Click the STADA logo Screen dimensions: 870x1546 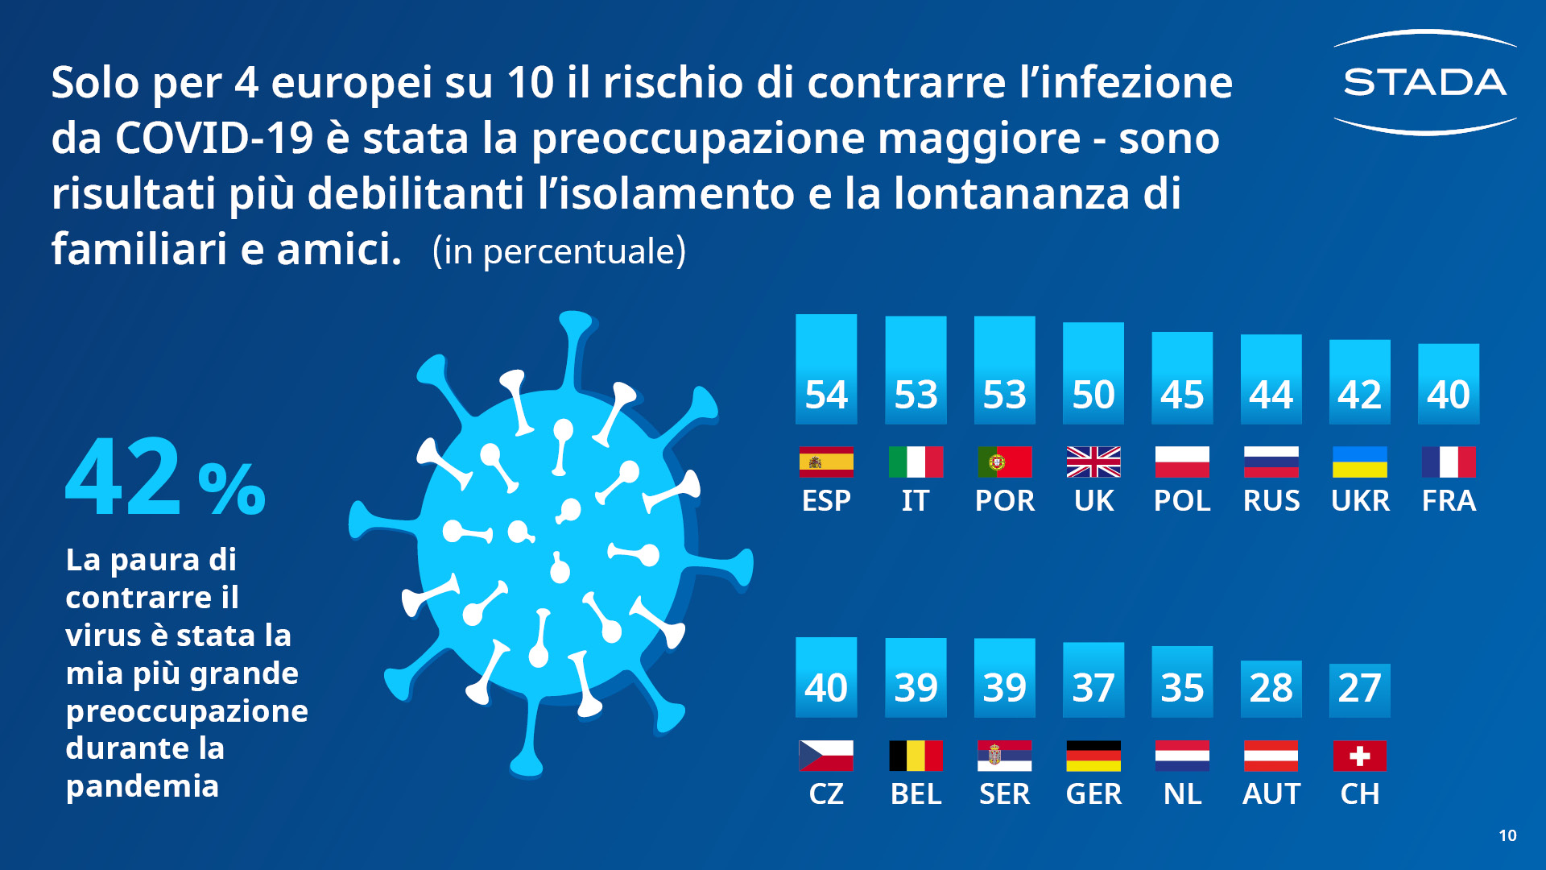coord(1424,82)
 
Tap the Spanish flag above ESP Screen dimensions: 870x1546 coord(826,462)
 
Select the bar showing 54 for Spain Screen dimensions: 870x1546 coord(826,369)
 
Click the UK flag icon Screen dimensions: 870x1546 coord(1093,462)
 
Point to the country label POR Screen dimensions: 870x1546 coord(1004,501)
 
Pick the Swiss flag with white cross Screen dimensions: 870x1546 coord(1359,756)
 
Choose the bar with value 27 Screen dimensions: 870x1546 coord(1359,690)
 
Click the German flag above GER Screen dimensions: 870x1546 coord(1093,756)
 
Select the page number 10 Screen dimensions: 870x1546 coord(1507,835)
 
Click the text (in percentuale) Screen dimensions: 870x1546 coord(559,251)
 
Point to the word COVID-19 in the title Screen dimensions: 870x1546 coord(213,139)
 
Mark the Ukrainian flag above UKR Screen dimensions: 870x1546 coord(1359,462)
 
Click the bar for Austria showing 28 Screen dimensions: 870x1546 coord(1271,689)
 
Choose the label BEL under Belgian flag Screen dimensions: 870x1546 coord(916,794)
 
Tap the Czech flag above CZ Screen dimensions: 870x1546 coord(826,756)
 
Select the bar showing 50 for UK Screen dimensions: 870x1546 coord(1093,373)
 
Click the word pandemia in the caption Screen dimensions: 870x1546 coord(143,786)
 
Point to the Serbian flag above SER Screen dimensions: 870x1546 coord(1004,756)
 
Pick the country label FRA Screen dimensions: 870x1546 coord(1449,501)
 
